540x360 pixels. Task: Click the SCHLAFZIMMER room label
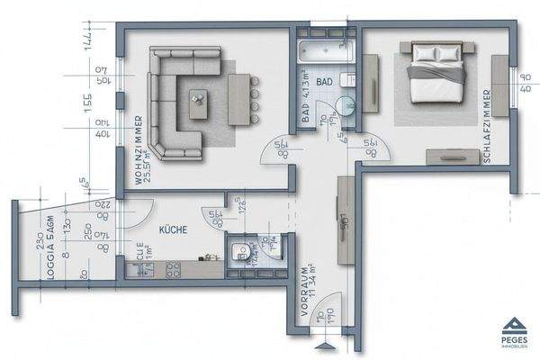tap(485, 125)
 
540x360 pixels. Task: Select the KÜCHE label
tap(173, 230)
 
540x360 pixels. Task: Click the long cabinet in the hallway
tap(346, 220)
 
